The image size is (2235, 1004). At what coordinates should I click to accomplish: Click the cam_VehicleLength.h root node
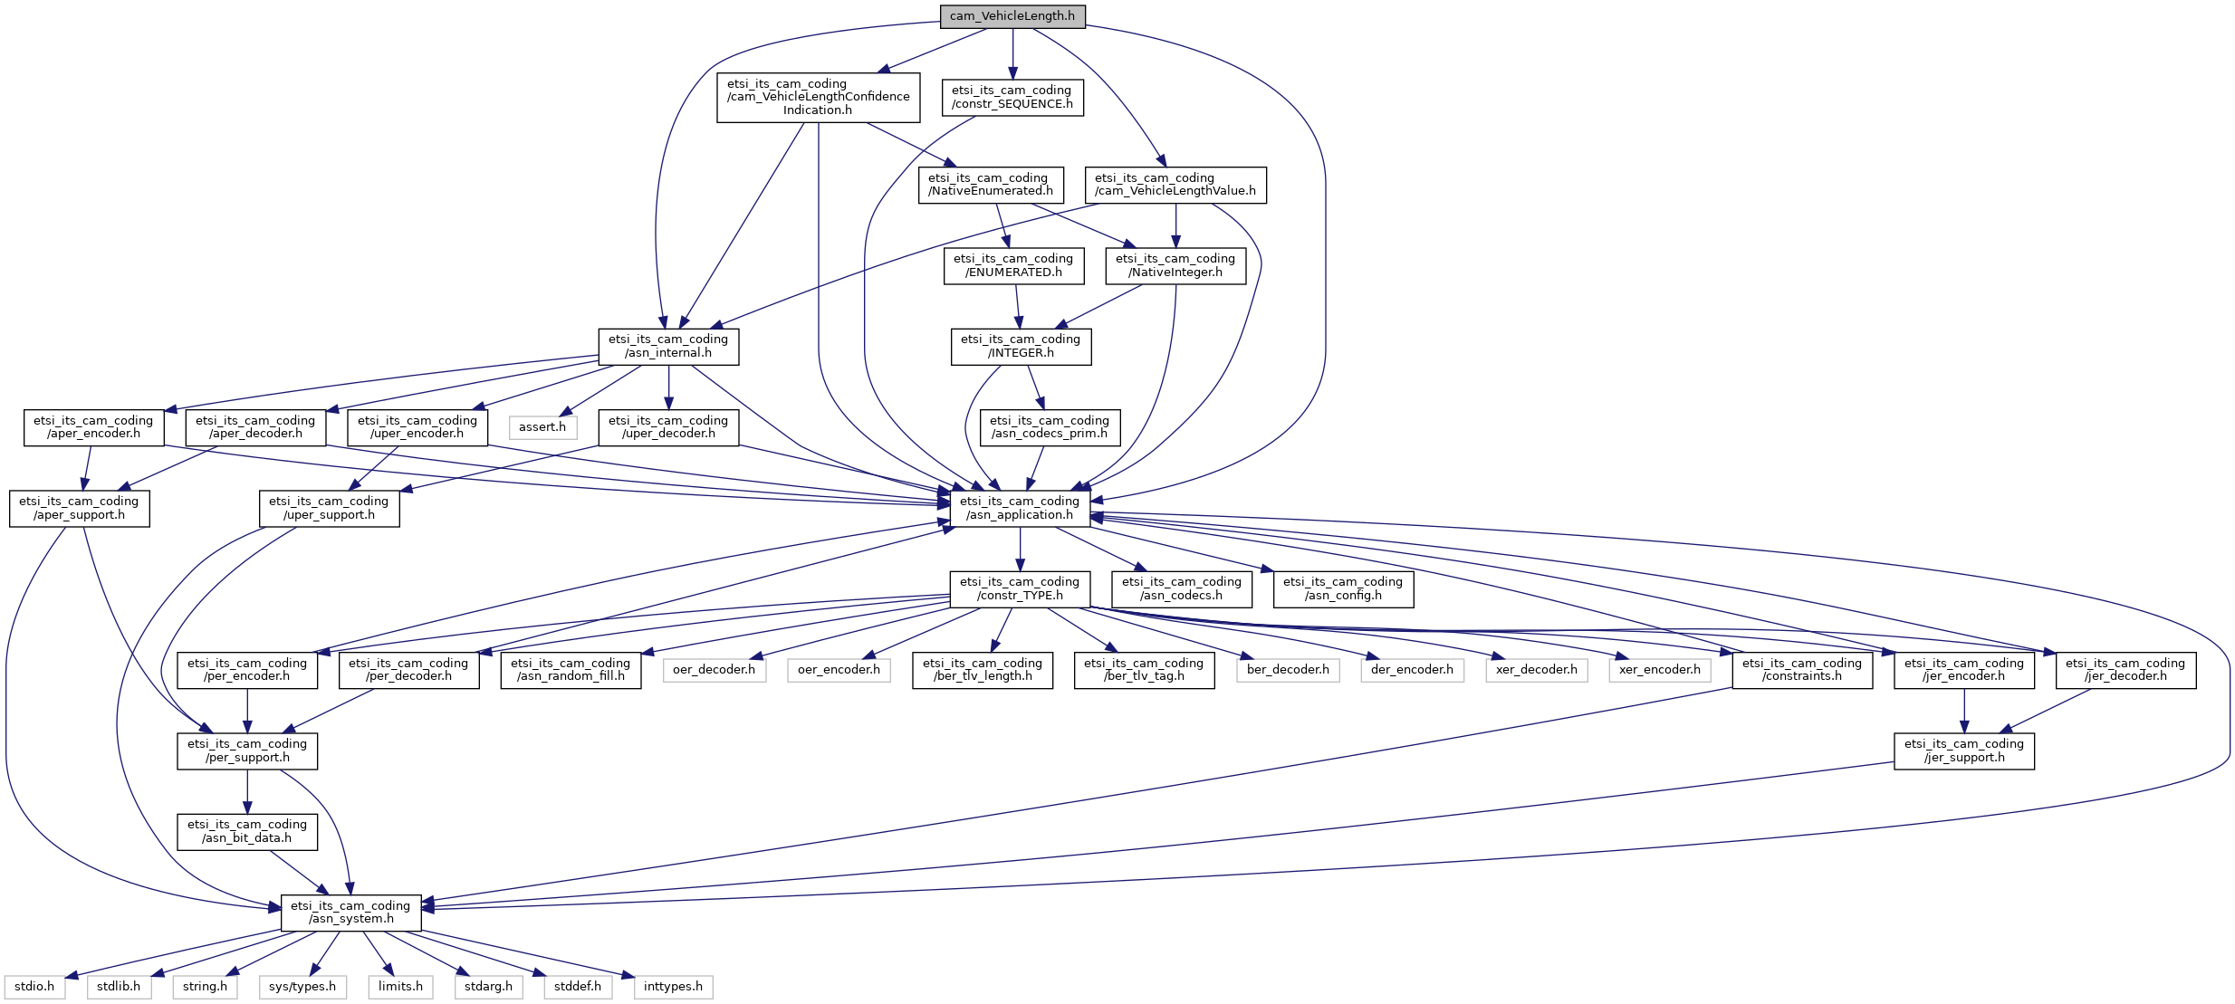(x=1012, y=16)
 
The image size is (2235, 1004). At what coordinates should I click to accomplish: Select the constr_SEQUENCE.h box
(x=1012, y=97)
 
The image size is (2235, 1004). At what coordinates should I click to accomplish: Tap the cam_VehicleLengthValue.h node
(x=1175, y=185)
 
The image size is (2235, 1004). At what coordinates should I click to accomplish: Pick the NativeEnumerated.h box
(x=990, y=185)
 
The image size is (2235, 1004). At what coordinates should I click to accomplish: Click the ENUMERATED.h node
(x=1012, y=265)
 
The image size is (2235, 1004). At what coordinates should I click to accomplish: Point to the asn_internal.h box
(x=667, y=346)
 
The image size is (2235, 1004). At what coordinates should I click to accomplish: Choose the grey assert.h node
(x=542, y=427)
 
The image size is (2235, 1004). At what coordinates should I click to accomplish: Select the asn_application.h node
(x=1019, y=508)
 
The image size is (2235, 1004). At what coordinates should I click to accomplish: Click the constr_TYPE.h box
(x=1019, y=588)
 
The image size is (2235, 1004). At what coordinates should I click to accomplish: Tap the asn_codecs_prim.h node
(x=1049, y=427)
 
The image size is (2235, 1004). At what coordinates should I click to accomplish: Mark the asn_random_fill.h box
(x=570, y=670)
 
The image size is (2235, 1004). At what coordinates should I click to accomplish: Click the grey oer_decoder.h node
(x=714, y=670)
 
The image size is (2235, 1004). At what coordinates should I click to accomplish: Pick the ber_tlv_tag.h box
(x=1143, y=670)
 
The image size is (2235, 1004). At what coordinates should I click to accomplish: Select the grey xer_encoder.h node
(x=1659, y=670)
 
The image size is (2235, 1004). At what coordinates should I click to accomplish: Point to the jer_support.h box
(x=1963, y=751)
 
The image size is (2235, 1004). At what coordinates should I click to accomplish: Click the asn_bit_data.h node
(x=246, y=831)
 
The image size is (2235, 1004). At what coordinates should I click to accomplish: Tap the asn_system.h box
(x=350, y=913)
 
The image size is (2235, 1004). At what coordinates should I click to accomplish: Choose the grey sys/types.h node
(x=302, y=987)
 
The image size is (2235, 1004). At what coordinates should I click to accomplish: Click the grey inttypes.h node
(x=672, y=987)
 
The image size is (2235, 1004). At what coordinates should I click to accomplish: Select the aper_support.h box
(x=79, y=508)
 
